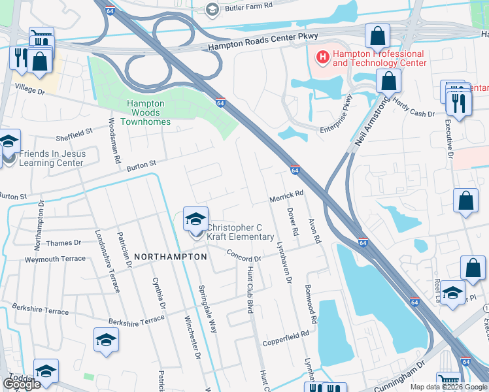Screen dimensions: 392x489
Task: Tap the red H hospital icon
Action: (322, 58)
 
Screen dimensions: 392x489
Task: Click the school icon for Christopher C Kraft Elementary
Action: (195, 220)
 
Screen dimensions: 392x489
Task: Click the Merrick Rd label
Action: (286, 195)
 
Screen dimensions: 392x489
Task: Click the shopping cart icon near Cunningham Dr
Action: (448, 381)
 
